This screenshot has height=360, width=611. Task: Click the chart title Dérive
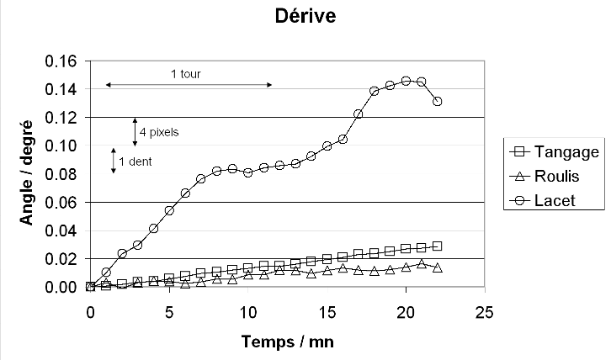[305, 16]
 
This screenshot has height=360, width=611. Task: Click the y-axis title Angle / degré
[28, 173]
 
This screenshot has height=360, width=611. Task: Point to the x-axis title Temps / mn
[286, 343]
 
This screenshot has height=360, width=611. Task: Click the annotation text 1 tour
[186, 74]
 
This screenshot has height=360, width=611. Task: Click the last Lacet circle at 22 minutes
[438, 101]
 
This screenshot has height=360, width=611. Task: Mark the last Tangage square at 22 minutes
[438, 246]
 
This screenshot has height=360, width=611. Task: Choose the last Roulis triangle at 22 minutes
[438, 267]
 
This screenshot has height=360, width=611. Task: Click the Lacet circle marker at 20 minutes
[406, 81]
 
